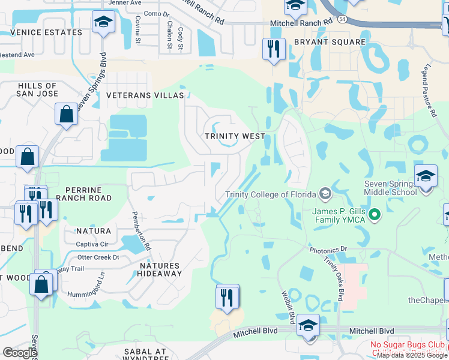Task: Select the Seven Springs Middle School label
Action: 390,188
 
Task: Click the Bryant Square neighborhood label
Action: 330,42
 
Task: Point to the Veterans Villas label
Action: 145,95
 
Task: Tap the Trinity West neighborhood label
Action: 234,136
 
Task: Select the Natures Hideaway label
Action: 160,269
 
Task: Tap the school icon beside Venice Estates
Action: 103,23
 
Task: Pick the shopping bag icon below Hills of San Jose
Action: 66,113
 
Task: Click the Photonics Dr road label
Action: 328,248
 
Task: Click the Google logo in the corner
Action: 20,353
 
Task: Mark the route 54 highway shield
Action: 342,20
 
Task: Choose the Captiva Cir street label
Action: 92,244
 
